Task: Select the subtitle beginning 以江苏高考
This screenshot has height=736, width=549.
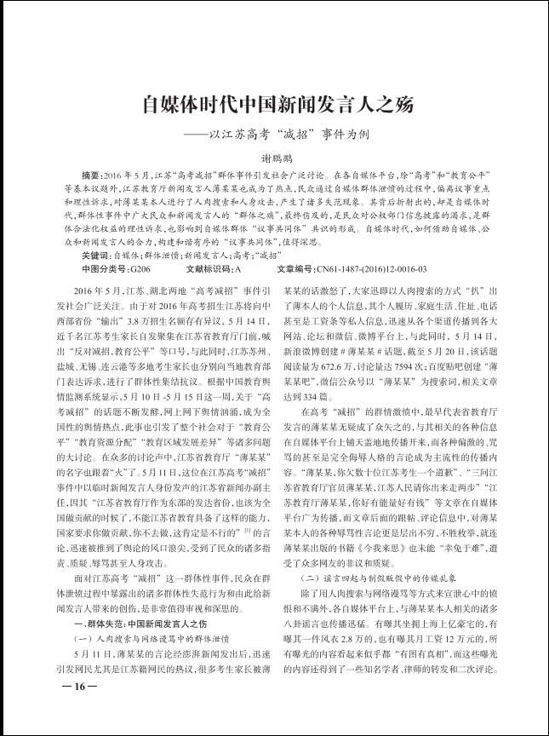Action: click(285, 135)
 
